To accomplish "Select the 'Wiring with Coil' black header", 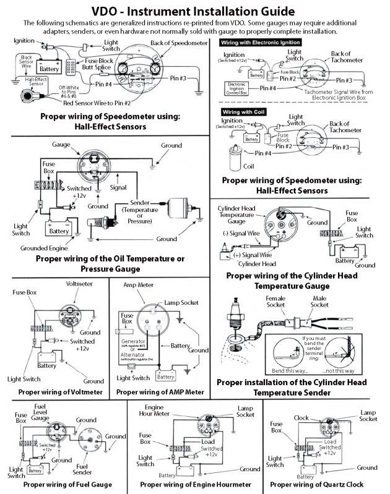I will [244, 111].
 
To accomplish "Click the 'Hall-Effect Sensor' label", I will [21, 81].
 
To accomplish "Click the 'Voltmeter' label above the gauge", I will [79, 283].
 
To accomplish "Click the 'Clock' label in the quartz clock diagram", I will [301, 418].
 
